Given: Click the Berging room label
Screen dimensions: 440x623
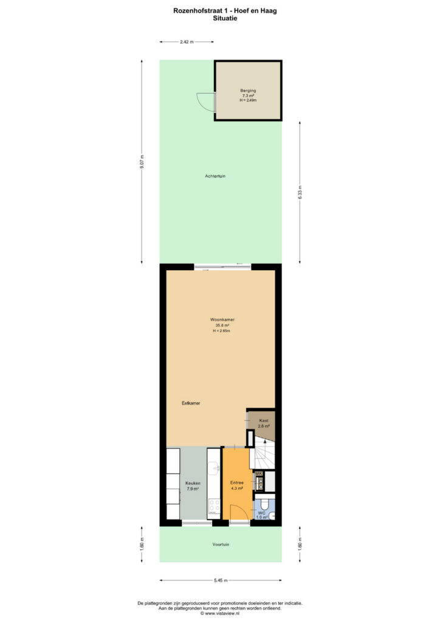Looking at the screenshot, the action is (248, 91).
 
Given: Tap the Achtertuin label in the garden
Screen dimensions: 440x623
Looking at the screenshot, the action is (215, 176).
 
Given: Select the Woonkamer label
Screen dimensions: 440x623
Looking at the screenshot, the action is (222, 319).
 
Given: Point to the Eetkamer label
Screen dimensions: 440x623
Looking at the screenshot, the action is (191, 403).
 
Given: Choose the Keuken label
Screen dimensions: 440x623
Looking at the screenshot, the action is (193, 483).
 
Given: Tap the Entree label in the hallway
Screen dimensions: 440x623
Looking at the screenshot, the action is (237, 482).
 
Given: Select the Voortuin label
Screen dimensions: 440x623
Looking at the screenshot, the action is (221, 545).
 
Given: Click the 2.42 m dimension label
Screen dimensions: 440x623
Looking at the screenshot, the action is (187, 42).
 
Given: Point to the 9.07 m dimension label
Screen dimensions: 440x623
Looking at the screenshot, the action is (142, 162).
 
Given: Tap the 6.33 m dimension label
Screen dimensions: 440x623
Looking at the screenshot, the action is (300, 192).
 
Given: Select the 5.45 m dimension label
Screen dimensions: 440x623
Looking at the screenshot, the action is (221, 580).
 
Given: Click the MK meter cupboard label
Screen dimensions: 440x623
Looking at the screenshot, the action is (259, 473).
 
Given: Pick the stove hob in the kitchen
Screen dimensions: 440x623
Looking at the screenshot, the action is (215, 506).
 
